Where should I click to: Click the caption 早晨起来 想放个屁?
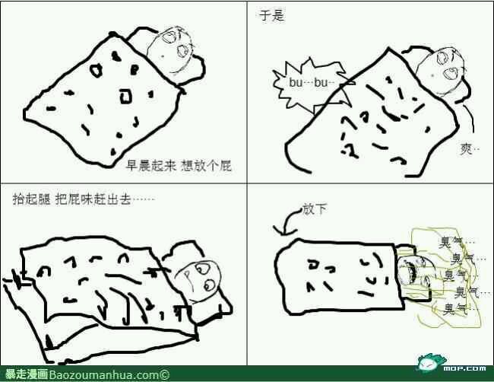point(179,166)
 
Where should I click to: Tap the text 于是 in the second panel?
point(271,15)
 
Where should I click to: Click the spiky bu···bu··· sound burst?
point(312,84)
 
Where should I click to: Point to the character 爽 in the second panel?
point(466,149)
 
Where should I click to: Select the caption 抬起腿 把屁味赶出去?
point(71,199)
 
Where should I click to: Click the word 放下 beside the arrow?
point(315,209)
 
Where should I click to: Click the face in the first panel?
point(169,52)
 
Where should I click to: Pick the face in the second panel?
point(441,72)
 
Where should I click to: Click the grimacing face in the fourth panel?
point(413,274)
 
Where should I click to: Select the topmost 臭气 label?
point(453,243)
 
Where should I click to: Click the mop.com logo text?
point(464,368)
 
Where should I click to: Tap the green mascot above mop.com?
point(431,361)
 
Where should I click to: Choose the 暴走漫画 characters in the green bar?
point(27,374)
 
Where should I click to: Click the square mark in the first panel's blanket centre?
point(125,96)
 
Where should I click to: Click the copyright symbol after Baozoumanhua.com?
point(164,375)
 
